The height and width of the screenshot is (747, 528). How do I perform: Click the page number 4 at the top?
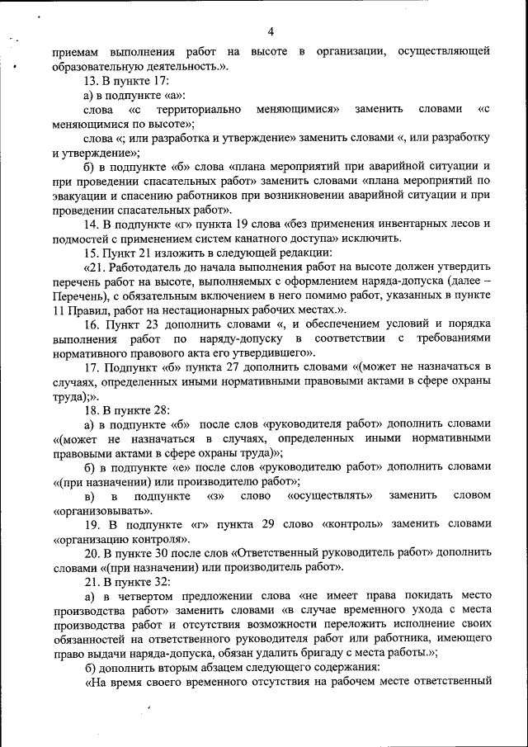tap(270, 32)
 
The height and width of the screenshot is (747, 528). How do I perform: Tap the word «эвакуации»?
tap(80, 195)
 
